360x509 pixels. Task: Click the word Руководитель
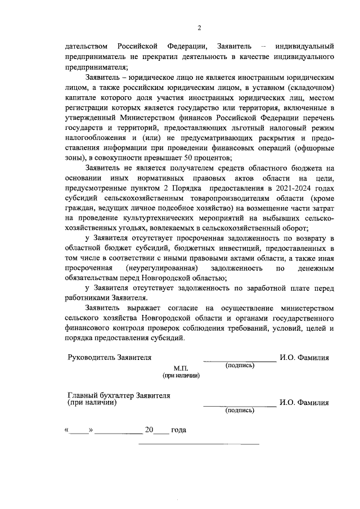92,358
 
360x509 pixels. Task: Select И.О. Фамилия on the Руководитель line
304,358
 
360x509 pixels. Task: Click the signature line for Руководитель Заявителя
239,359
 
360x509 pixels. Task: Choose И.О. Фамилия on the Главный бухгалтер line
304,403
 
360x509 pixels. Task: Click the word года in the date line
178,430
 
